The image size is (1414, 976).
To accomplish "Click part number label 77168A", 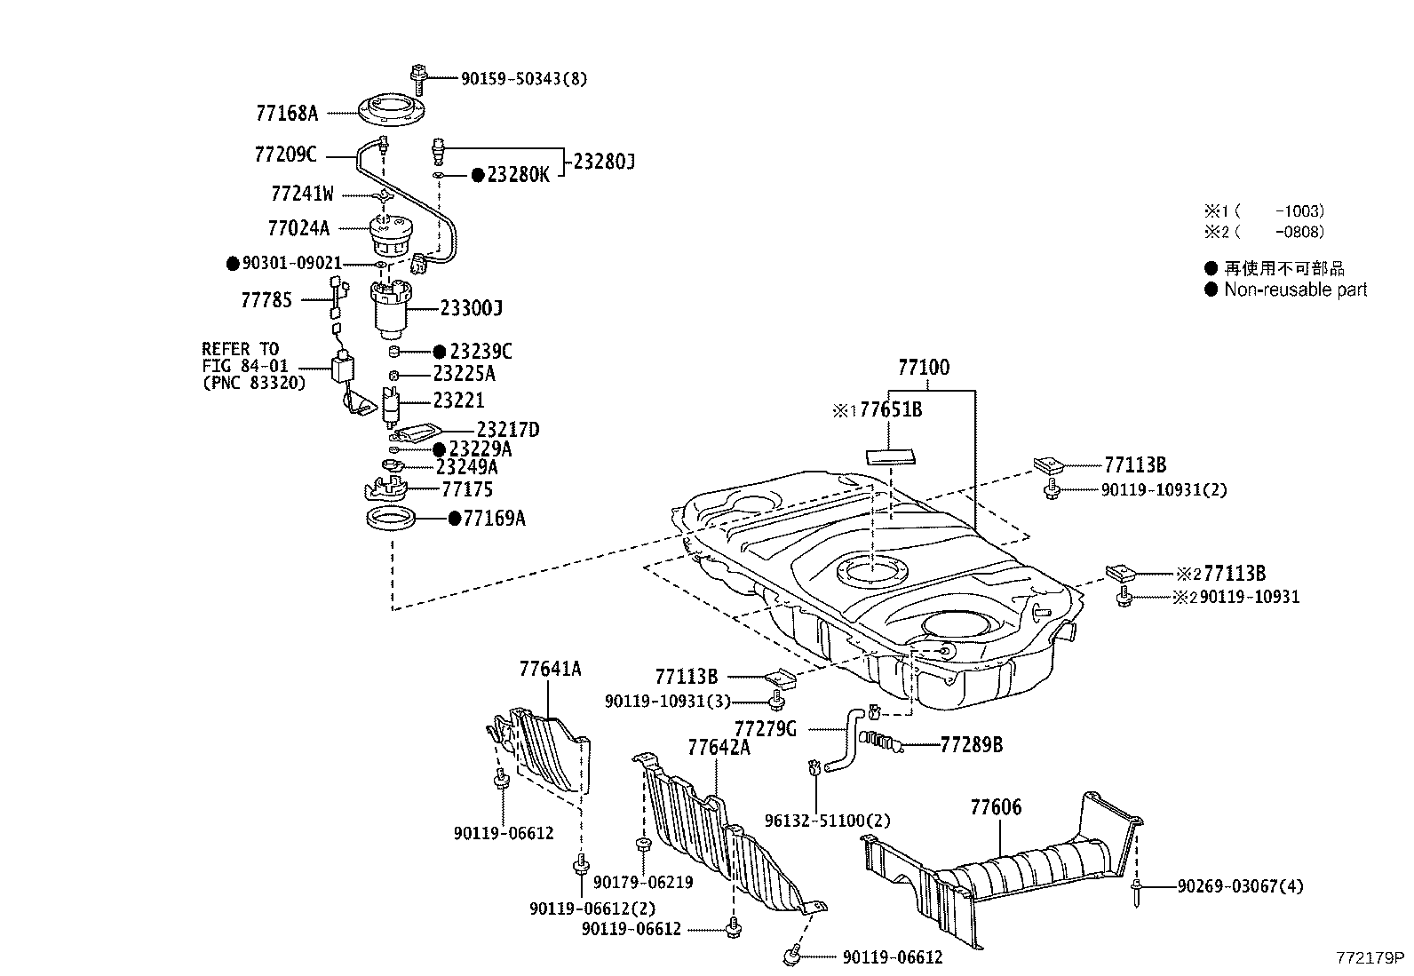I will [286, 113].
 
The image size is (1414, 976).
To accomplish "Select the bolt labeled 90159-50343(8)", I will [419, 76].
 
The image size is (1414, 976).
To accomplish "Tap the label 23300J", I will [471, 308].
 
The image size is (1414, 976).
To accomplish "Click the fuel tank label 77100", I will [923, 368].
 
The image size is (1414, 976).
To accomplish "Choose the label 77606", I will [996, 807].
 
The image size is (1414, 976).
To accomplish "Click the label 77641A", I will [550, 669].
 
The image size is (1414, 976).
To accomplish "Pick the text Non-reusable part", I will [1295, 290].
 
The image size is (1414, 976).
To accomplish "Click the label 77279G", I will [766, 729].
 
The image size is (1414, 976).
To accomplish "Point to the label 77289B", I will [972, 745].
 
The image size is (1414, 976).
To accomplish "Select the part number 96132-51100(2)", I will [827, 821].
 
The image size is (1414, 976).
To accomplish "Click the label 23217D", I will [507, 430].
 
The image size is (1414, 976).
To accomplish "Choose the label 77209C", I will [285, 155].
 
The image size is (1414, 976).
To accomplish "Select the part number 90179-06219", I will [643, 882].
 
